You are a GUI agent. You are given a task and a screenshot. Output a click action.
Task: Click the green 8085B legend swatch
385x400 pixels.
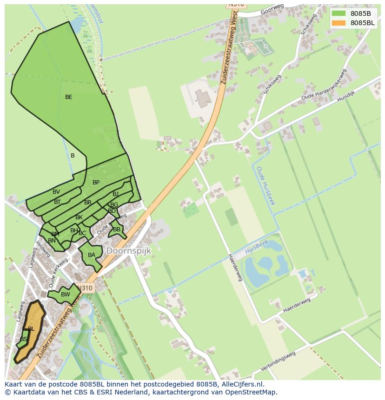339,13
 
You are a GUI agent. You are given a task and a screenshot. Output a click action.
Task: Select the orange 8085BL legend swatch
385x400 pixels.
339,23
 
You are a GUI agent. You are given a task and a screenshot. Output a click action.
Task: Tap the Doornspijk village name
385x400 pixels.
129,251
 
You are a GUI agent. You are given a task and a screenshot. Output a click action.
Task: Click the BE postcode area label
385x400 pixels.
69,97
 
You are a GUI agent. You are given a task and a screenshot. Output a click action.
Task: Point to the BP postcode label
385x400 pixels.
96,183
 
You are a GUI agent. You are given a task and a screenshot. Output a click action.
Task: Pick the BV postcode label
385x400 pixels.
56,192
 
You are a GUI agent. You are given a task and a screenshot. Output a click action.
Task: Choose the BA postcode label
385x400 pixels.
92,255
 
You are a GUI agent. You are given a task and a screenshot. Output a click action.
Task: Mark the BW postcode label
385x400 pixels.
66,294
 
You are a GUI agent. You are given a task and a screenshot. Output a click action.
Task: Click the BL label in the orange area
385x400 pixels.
31,329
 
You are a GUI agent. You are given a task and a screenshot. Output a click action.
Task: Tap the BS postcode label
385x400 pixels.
24,339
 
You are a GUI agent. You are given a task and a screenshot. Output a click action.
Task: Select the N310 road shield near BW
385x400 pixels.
86,288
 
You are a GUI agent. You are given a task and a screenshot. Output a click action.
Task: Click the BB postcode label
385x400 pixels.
117,230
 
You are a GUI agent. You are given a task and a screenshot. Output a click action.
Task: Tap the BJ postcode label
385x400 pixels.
115,194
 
